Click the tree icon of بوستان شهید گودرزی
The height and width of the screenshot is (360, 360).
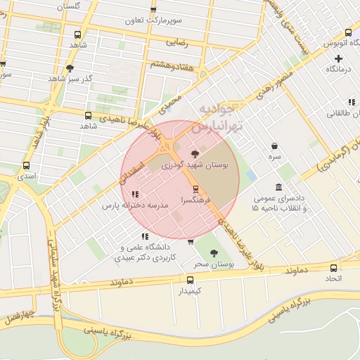click(x=195, y=153)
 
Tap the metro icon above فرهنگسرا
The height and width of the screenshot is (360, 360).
click(x=195, y=188)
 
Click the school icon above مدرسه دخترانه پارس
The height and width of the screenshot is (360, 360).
click(x=136, y=194)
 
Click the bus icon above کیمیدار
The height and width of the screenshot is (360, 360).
click(x=181, y=279)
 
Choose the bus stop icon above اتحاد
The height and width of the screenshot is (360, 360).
click(x=333, y=268)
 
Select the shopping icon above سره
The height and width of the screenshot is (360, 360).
click(x=274, y=146)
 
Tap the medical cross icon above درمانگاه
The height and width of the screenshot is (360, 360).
click(x=338, y=58)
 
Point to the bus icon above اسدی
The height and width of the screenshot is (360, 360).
click(x=26, y=166)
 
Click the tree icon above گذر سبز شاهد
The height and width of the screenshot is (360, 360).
click(x=69, y=68)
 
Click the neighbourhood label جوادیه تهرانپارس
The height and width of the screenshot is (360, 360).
click(x=216, y=118)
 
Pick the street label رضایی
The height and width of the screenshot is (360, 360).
click(x=177, y=42)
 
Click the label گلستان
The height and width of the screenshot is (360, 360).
click(x=67, y=6)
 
